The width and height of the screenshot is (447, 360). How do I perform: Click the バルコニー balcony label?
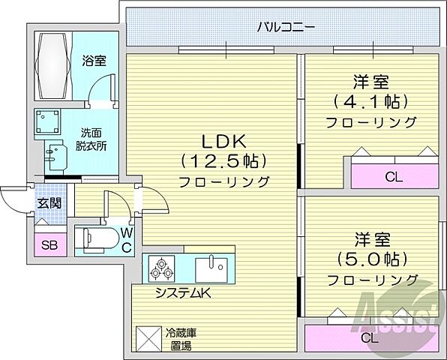[x=286, y=28]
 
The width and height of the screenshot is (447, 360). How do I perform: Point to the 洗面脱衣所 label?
[x=94, y=139]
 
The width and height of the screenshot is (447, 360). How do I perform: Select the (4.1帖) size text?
[x=370, y=101]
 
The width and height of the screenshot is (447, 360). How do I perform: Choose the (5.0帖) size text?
[x=370, y=259]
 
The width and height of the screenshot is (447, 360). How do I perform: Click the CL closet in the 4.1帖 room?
[x=392, y=178]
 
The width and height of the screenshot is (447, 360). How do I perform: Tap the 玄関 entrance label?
[x=50, y=203]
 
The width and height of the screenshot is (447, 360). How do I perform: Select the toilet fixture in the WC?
[x=98, y=239]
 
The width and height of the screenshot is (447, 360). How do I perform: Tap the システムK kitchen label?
[x=183, y=293]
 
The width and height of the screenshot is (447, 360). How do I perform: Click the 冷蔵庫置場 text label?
[x=180, y=338]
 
